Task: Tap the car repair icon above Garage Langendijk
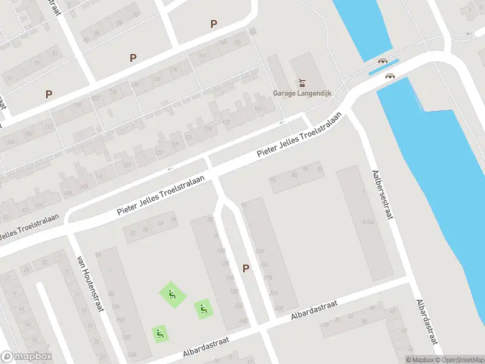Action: coord(300,83)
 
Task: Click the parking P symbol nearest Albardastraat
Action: coord(246,268)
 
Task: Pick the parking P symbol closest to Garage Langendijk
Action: coord(213,24)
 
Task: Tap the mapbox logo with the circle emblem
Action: coord(26,357)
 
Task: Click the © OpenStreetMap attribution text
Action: coord(459,360)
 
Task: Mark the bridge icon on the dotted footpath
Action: coord(383,60)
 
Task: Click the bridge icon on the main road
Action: coord(390,76)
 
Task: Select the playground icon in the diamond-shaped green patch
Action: coord(172,295)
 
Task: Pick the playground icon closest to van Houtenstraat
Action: coord(160,332)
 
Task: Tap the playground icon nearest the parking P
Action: coord(203,309)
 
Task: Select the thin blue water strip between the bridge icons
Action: coord(383,67)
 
